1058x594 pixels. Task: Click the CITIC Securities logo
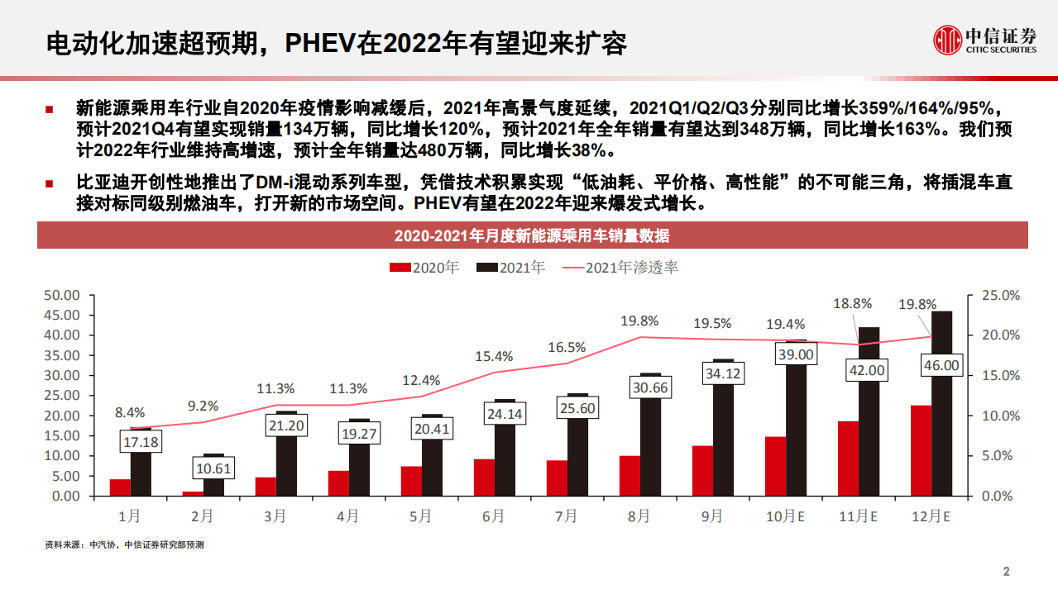(x=984, y=40)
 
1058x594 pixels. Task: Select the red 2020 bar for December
(x=921, y=450)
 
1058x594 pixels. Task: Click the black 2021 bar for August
(x=651, y=446)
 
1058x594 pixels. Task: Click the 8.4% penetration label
(x=130, y=412)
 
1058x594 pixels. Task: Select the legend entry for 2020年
(x=424, y=268)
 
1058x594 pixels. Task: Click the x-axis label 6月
(x=493, y=516)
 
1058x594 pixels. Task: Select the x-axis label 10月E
(x=784, y=516)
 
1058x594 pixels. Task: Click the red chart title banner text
(x=532, y=236)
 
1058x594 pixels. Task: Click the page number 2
(x=1007, y=572)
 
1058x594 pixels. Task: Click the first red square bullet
(x=50, y=109)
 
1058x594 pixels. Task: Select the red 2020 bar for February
(x=193, y=493)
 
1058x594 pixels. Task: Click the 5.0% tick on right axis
(x=1001, y=455)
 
